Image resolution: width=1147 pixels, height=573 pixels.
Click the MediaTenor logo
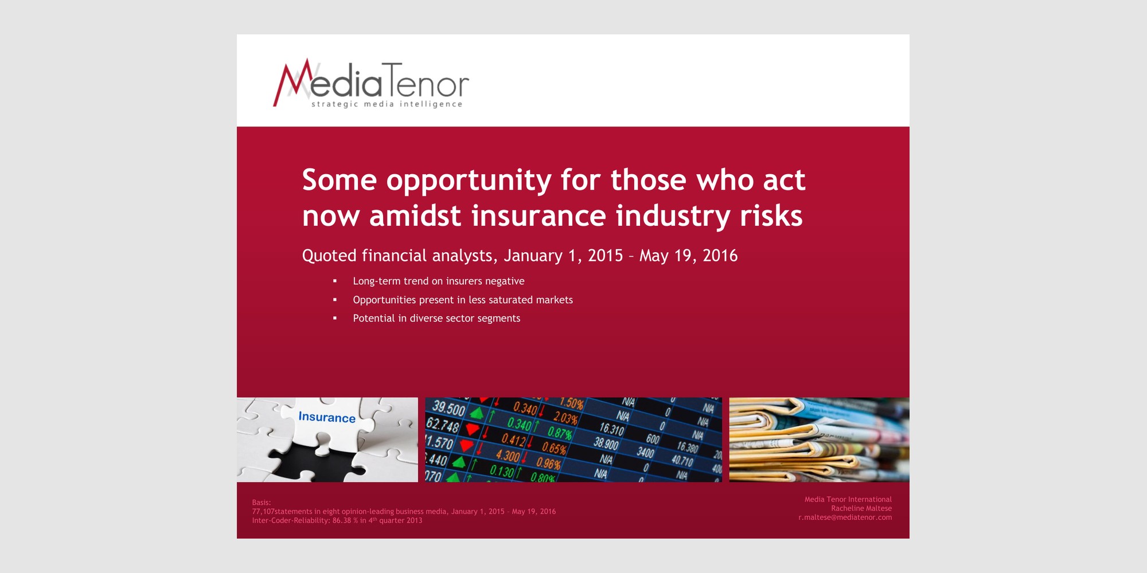pyautogui.click(x=371, y=84)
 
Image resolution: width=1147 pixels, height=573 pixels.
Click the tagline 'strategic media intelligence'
pyautogui.click(x=387, y=104)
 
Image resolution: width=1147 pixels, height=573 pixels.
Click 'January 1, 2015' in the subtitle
pyautogui.click(x=563, y=256)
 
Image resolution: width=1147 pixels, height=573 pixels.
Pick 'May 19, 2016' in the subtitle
pyautogui.click(x=688, y=256)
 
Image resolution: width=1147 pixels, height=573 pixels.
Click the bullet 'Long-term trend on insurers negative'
pyautogui.click(x=439, y=281)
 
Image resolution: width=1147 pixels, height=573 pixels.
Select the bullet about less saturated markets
pyautogui.click(x=463, y=300)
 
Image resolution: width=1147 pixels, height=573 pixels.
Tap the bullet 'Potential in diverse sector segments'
pyautogui.click(x=436, y=318)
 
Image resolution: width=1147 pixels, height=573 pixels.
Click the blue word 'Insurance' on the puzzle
pyautogui.click(x=327, y=417)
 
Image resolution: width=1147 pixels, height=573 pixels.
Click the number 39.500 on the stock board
pyautogui.click(x=448, y=409)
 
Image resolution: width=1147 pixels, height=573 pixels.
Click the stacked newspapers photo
pyautogui.click(x=819, y=439)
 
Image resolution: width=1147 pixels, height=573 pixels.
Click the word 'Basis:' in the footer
pyautogui.click(x=262, y=503)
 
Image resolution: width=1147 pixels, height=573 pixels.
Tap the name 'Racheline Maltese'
pyautogui.click(x=861, y=508)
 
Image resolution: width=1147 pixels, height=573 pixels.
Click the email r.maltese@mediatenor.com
pyautogui.click(x=845, y=517)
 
